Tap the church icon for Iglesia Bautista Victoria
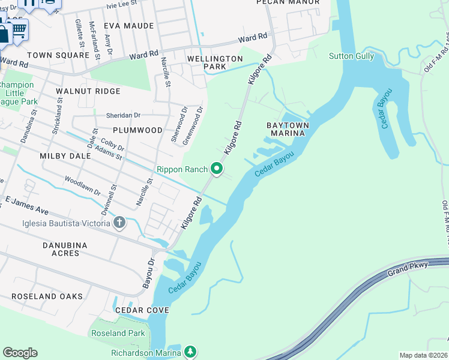(x=119, y=223)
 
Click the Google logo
(x=20, y=353)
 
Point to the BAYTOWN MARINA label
(x=288, y=129)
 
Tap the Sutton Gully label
(x=351, y=56)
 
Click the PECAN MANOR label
(x=288, y=2)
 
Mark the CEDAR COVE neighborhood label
(x=142, y=310)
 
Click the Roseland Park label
(x=118, y=333)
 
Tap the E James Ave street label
(x=26, y=205)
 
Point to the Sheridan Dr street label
(x=123, y=115)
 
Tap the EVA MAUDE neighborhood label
(x=128, y=26)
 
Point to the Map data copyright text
(x=424, y=355)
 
